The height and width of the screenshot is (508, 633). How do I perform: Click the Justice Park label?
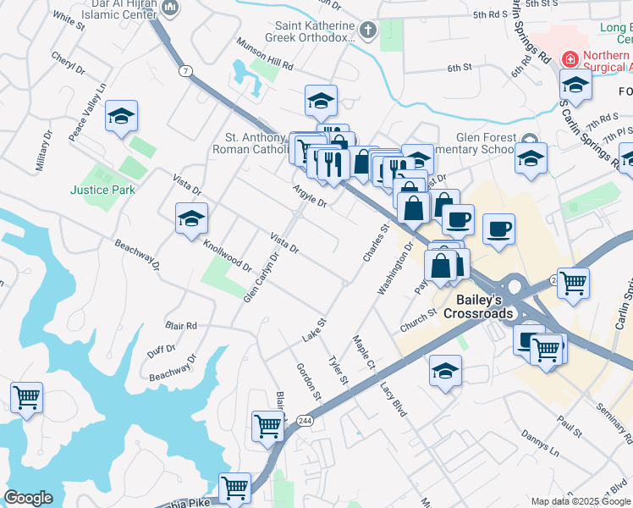[102, 190]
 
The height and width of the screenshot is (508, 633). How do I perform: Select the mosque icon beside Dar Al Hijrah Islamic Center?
[172, 9]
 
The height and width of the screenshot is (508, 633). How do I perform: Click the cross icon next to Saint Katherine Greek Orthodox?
[367, 31]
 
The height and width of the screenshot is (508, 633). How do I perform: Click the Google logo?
[28, 498]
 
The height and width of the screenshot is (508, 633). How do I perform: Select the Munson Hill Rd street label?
[265, 60]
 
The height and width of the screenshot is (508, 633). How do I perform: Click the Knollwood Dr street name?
[228, 254]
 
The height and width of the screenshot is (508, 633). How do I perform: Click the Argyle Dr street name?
[310, 196]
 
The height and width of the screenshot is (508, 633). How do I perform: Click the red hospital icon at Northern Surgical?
[570, 58]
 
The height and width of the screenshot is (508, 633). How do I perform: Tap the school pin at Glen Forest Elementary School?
[531, 158]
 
